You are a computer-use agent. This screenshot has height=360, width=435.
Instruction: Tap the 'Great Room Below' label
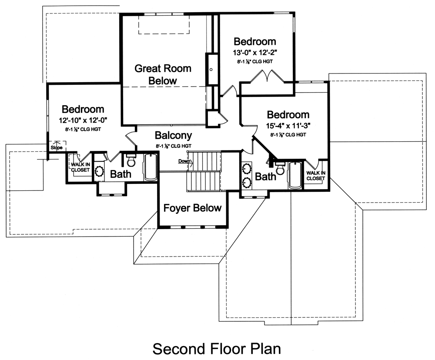coord(163,74)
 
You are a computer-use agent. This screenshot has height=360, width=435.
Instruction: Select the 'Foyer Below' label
coord(192,208)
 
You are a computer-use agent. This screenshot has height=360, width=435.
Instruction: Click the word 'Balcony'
coord(174,136)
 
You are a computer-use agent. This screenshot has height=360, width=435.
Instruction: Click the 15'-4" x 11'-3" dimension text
coord(288,126)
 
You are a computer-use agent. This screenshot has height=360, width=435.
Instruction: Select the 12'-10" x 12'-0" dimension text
coord(82,120)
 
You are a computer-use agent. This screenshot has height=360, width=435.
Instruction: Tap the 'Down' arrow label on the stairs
coord(184,161)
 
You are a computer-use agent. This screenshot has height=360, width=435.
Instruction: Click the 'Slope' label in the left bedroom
coord(56,148)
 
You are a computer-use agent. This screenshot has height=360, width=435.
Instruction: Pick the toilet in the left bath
coord(130,161)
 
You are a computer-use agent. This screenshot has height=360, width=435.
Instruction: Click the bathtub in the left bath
coord(151,167)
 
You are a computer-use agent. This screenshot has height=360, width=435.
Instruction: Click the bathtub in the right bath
coord(295,175)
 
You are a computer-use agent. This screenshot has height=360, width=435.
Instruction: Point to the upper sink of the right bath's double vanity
coord(247,168)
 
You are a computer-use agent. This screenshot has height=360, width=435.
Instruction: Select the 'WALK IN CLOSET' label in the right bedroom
coord(315,176)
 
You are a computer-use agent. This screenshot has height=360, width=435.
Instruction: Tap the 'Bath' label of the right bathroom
coord(265,177)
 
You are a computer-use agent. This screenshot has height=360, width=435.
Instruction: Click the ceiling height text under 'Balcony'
coord(174,146)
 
